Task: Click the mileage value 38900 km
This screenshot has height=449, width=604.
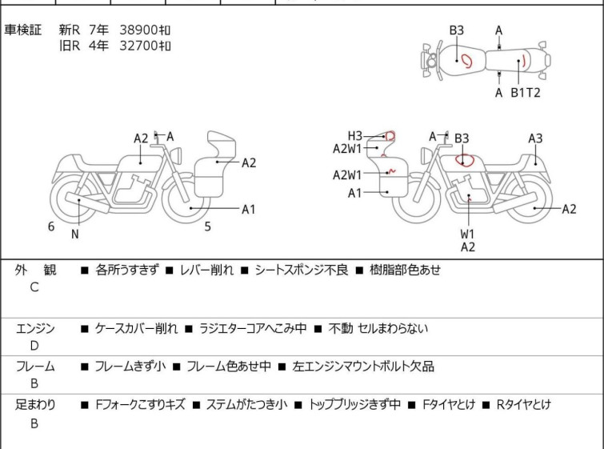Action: tap(146, 30)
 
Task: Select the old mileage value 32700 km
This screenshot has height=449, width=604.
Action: tap(146, 46)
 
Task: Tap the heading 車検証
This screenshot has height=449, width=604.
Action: tap(23, 30)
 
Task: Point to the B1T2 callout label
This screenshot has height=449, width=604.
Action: tap(526, 93)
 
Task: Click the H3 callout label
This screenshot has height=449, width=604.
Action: tap(355, 135)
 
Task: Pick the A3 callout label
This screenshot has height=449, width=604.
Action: tap(535, 138)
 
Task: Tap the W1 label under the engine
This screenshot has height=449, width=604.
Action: tap(467, 234)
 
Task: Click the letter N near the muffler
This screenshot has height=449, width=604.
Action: tap(75, 235)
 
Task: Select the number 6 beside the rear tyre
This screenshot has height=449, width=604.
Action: tap(51, 227)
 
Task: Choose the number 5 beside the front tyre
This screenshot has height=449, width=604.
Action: tap(207, 227)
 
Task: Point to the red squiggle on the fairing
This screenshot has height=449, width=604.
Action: tap(391, 170)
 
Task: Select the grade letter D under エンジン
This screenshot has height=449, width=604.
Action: tap(34, 346)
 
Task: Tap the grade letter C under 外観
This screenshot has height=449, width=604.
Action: tap(34, 288)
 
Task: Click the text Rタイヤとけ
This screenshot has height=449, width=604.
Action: tap(524, 405)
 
